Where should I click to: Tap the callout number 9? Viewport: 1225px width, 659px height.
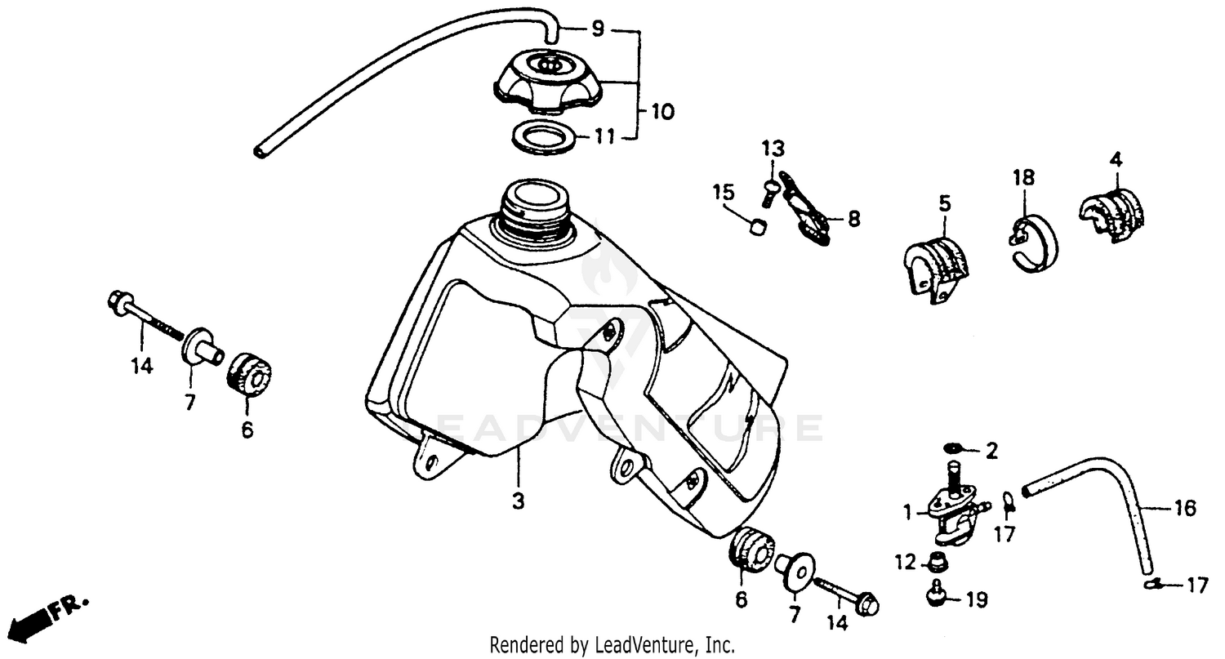pos(598,29)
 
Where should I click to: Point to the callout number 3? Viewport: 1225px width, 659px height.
pos(518,501)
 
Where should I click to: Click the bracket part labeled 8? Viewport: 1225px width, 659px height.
pos(804,209)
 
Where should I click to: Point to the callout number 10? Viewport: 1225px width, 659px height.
pos(662,111)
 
